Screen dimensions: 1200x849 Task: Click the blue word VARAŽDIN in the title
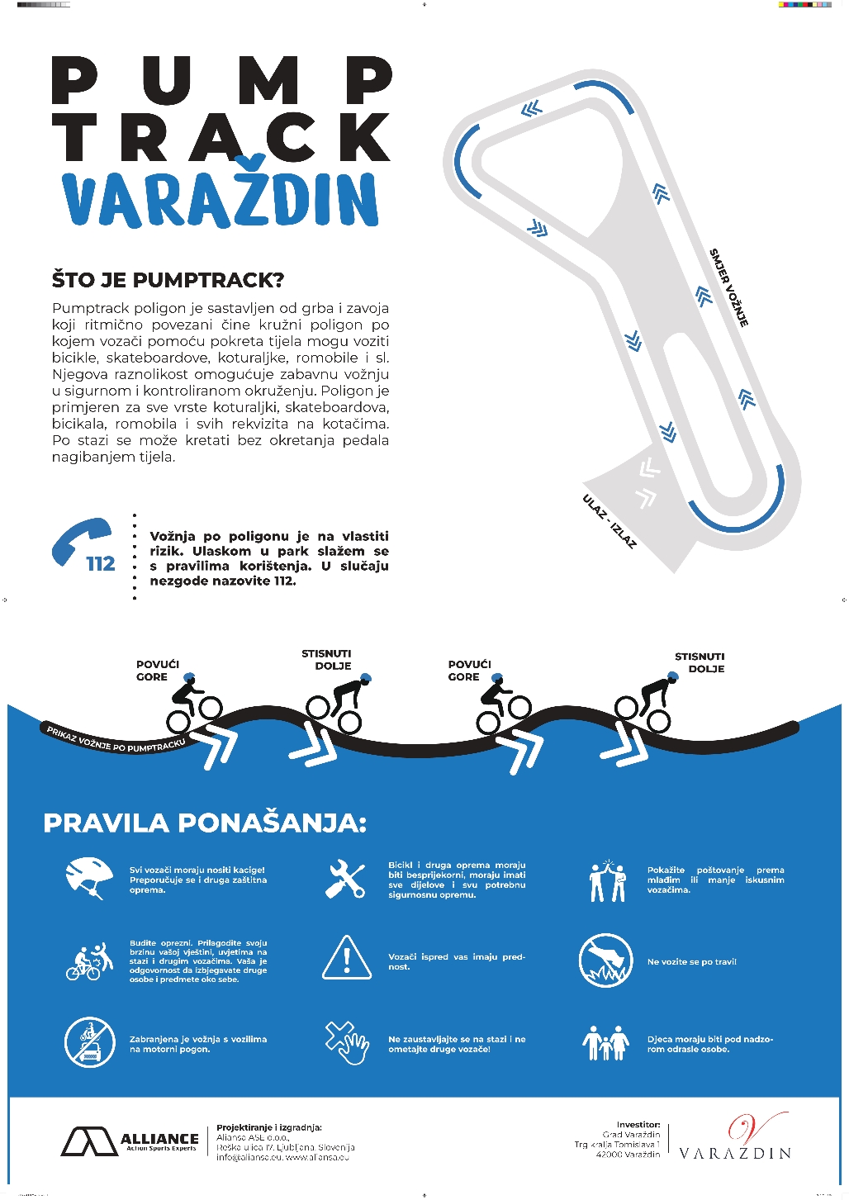click(220, 199)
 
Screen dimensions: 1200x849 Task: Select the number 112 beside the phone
click(101, 564)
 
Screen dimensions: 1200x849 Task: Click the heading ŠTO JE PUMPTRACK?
click(168, 280)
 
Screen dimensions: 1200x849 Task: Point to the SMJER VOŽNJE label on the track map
click(729, 287)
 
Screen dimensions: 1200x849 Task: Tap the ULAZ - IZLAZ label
click(609, 521)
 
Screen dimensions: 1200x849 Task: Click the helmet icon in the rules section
click(89, 877)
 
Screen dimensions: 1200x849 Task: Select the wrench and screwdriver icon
click(346, 879)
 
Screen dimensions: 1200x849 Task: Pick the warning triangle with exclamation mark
click(346, 958)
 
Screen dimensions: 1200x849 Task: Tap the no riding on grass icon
click(605, 961)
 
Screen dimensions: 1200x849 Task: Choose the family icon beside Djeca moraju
click(605, 1043)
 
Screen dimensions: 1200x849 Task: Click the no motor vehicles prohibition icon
click(89, 1042)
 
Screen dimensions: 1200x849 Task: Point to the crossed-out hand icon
click(347, 1042)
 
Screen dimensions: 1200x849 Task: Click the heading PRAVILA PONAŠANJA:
click(205, 823)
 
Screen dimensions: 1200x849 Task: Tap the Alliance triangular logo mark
click(89, 1141)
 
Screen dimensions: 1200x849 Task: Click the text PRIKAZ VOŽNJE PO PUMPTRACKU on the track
click(116, 739)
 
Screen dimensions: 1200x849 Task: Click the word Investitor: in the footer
click(638, 1125)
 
